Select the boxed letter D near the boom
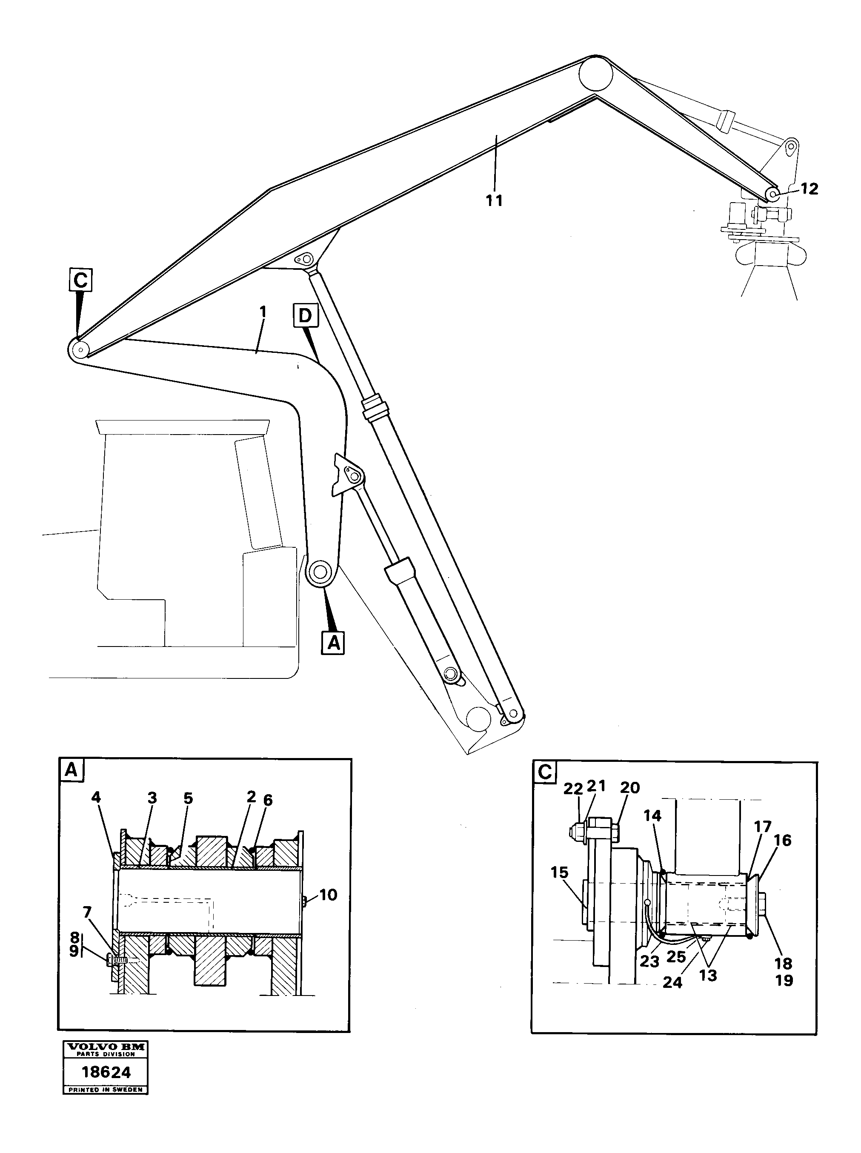[305, 315]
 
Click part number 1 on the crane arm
[263, 312]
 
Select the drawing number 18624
[106, 1072]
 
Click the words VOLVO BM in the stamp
[106, 1047]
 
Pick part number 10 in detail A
[328, 895]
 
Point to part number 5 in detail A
[188, 798]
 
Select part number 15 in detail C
[559, 873]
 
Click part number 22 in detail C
[573, 789]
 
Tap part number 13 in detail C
[708, 975]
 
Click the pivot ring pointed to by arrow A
[320, 572]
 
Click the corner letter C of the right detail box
[545, 772]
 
